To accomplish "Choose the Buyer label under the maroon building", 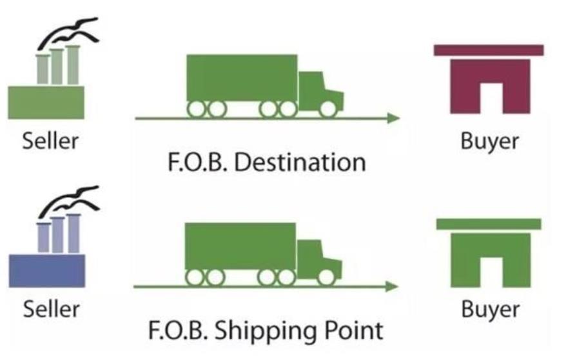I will pyautogui.click(x=489, y=141).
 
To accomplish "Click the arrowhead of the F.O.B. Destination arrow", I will pyautogui.click(x=392, y=118).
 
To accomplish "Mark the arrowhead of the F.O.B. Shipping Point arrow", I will pyautogui.click(x=391, y=286).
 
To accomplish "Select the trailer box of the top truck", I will pyautogui.click(x=241, y=77).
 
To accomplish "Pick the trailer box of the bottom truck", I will pyautogui.click(x=240, y=246).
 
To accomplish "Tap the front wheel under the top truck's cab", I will pyautogui.click(x=328, y=109).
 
